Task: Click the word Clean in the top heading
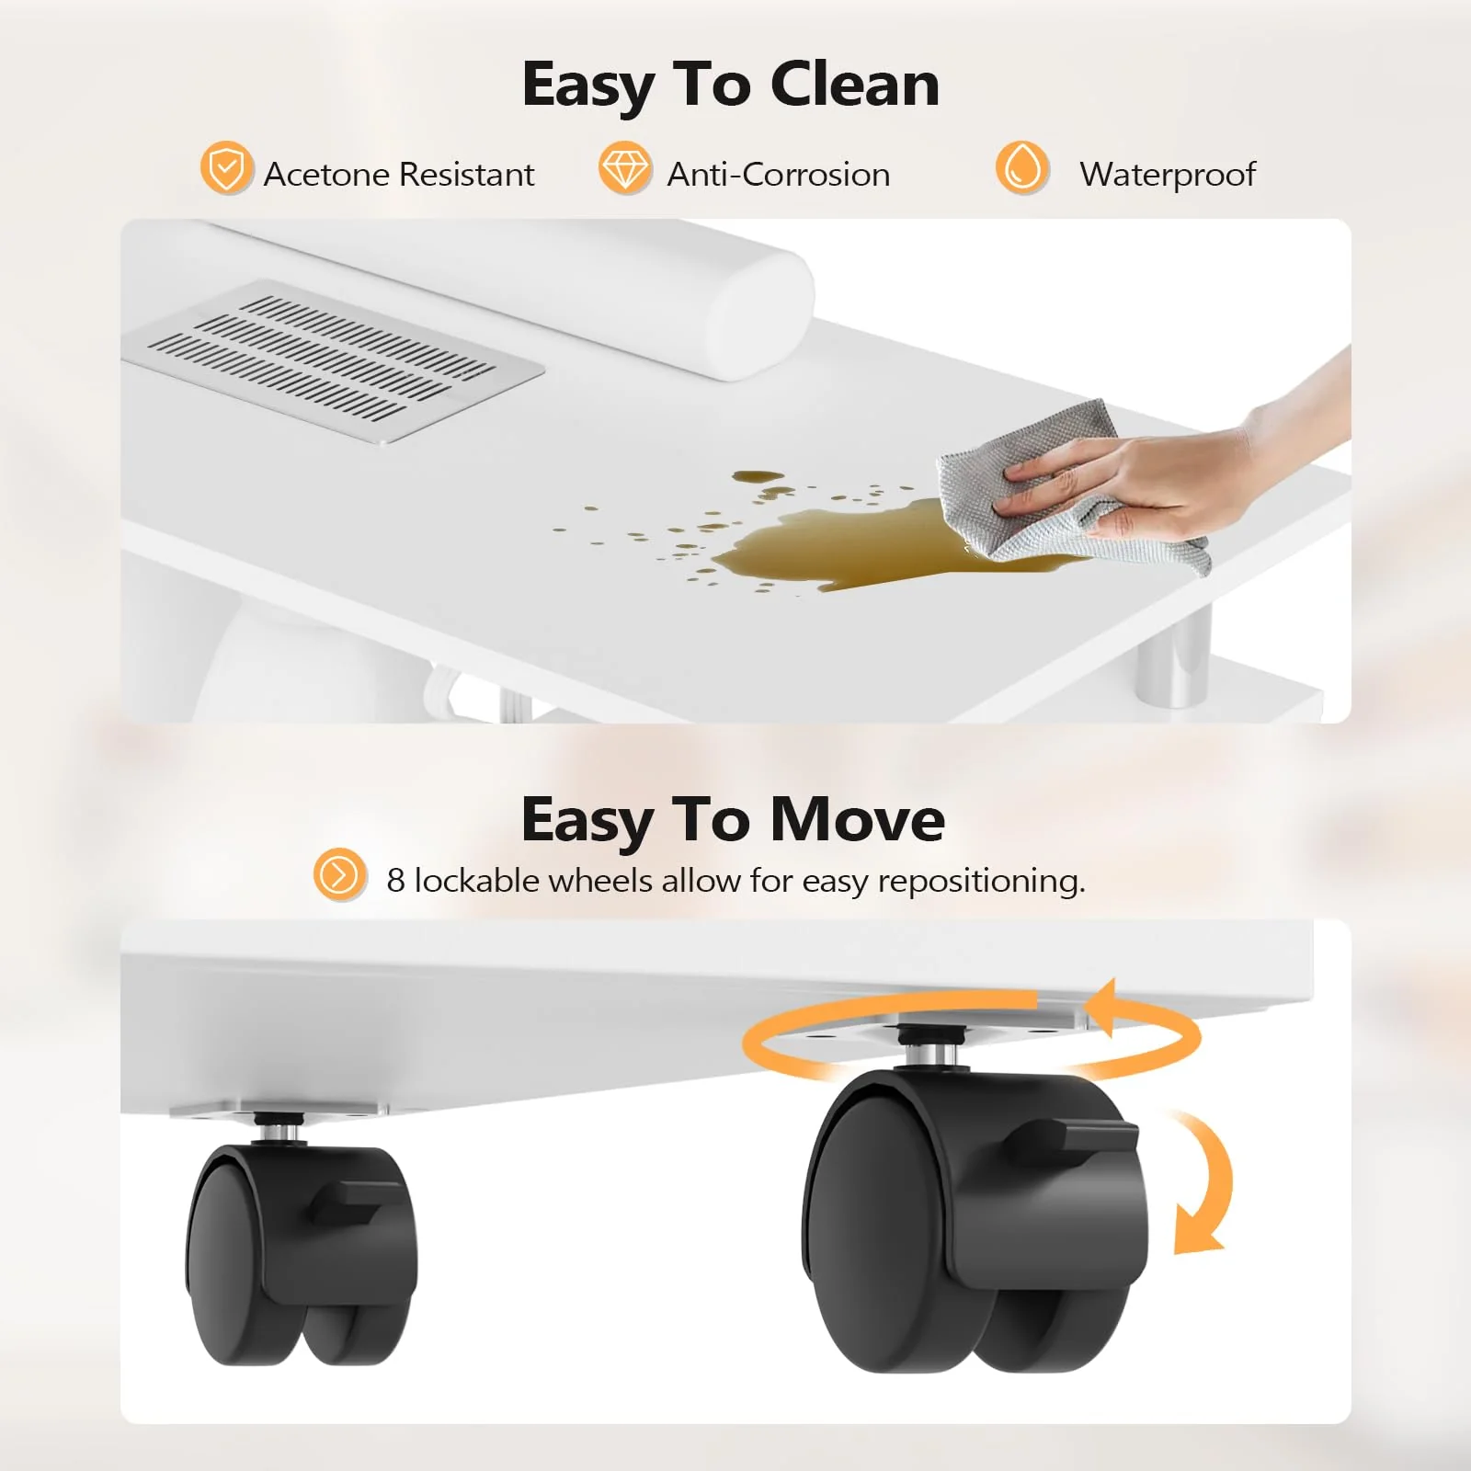(854, 85)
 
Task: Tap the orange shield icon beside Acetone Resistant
(225, 168)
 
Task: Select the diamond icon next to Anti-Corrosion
(624, 168)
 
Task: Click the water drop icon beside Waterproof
(1021, 168)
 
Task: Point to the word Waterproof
(1167, 175)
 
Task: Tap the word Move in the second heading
(856, 819)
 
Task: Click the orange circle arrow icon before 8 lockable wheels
(339, 874)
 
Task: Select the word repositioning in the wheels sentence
(981, 882)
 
